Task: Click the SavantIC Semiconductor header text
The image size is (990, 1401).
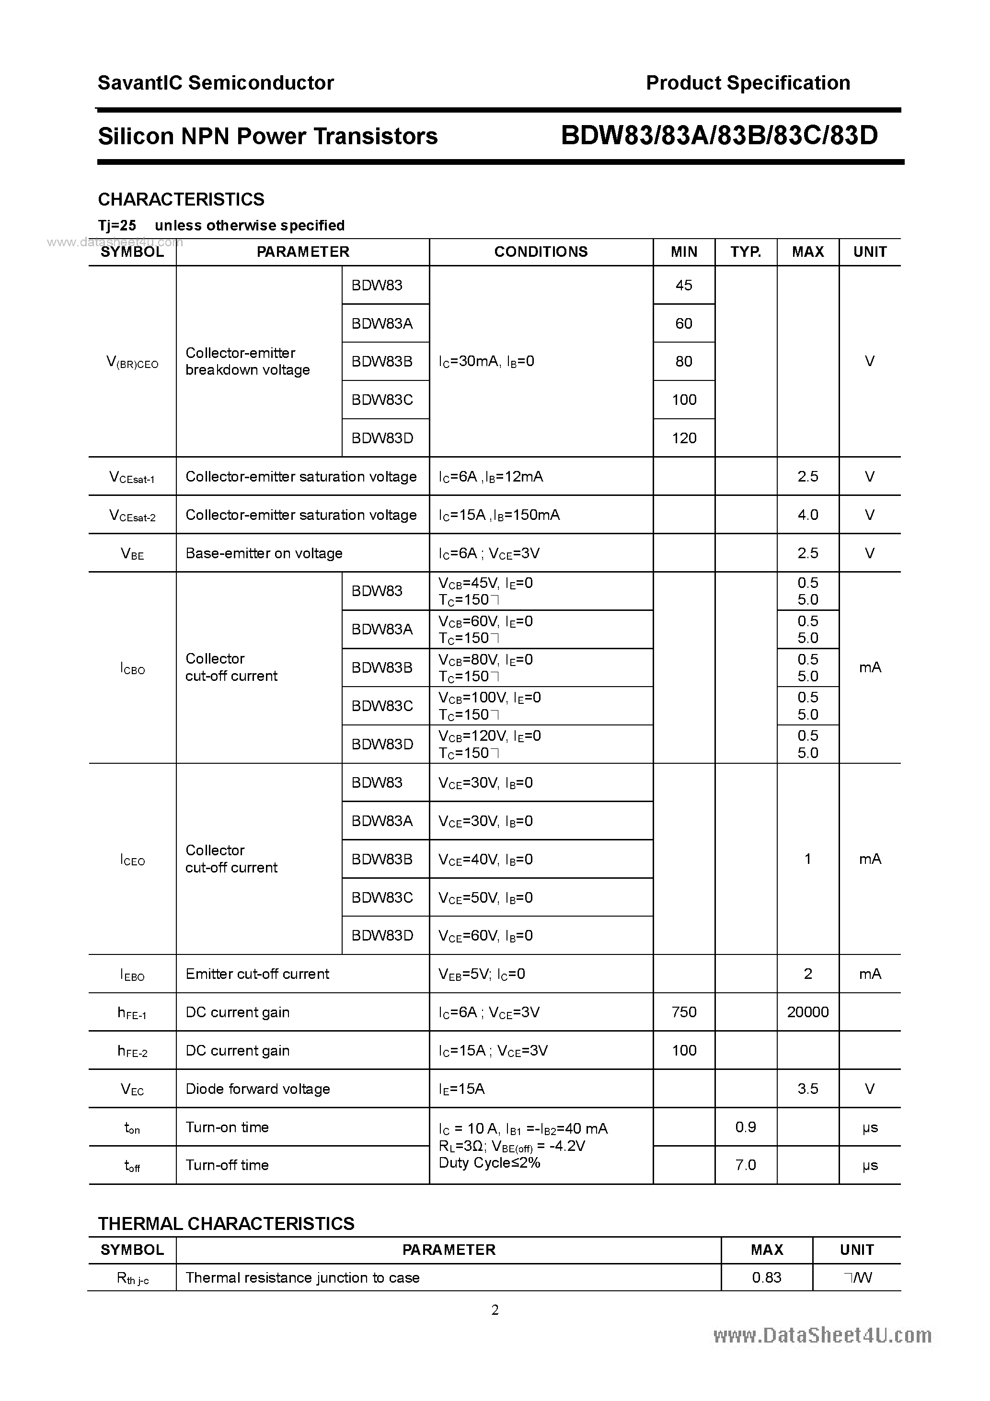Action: pyautogui.click(x=216, y=83)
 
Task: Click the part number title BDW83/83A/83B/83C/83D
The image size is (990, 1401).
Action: pyautogui.click(x=718, y=136)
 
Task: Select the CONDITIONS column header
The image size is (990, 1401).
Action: pyautogui.click(x=541, y=252)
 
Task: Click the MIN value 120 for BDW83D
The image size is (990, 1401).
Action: pyautogui.click(x=684, y=438)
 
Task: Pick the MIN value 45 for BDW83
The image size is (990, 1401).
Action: pyautogui.click(x=684, y=285)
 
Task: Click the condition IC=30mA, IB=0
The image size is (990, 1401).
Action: pyautogui.click(x=486, y=361)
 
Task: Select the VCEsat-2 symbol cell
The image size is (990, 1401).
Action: pyautogui.click(x=132, y=516)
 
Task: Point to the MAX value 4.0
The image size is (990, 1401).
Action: pyautogui.click(x=807, y=515)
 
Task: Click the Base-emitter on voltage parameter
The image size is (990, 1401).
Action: pyautogui.click(x=264, y=553)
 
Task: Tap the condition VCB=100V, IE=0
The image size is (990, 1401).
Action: pyautogui.click(x=490, y=698)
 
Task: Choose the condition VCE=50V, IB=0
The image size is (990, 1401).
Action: pyautogui.click(x=485, y=897)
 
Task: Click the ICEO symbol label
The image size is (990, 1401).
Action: pyautogui.click(x=132, y=860)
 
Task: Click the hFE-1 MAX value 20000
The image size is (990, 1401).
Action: pyautogui.click(x=807, y=1012)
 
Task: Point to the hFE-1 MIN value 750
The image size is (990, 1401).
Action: pyautogui.click(x=684, y=1012)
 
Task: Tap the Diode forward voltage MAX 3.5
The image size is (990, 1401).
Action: pyautogui.click(x=807, y=1089)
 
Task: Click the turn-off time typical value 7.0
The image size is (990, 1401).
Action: pyautogui.click(x=745, y=1165)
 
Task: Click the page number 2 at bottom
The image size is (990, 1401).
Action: pyautogui.click(x=495, y=1309)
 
